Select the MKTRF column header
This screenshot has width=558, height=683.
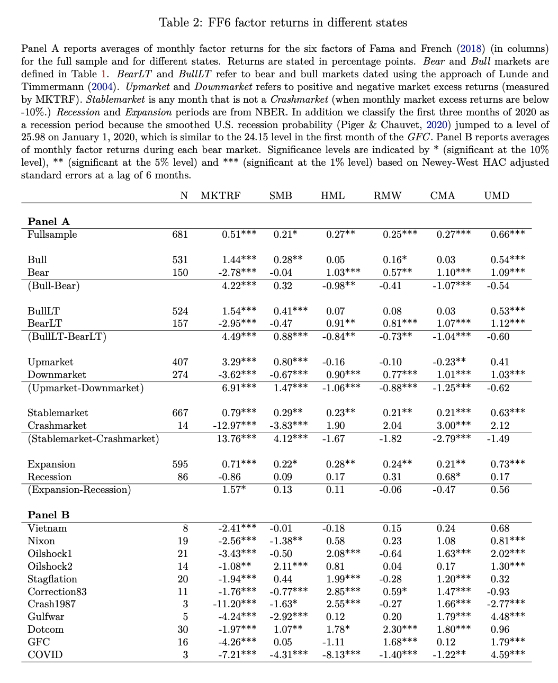coord(220,195)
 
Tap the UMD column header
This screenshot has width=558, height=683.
coord(496,195)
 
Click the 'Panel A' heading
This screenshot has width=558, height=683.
coord(49,222)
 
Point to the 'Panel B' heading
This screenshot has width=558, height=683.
coord(49,515)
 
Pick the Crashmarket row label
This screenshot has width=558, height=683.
coord(57,426)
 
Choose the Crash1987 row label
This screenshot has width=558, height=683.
coord(51,604)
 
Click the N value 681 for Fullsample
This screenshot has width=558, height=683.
coord(180,235)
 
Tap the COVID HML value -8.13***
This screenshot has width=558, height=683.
coord(341,655)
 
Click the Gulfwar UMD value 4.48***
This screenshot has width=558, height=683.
coord(508,617)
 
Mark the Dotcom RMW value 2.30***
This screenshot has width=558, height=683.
coord(400,630)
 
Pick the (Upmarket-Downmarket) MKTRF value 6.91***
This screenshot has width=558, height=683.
coord(239,388)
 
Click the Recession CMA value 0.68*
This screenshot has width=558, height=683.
coord(448,477)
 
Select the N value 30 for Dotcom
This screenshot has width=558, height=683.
coord(182,630)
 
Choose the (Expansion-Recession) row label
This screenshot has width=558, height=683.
coord(79,490)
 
